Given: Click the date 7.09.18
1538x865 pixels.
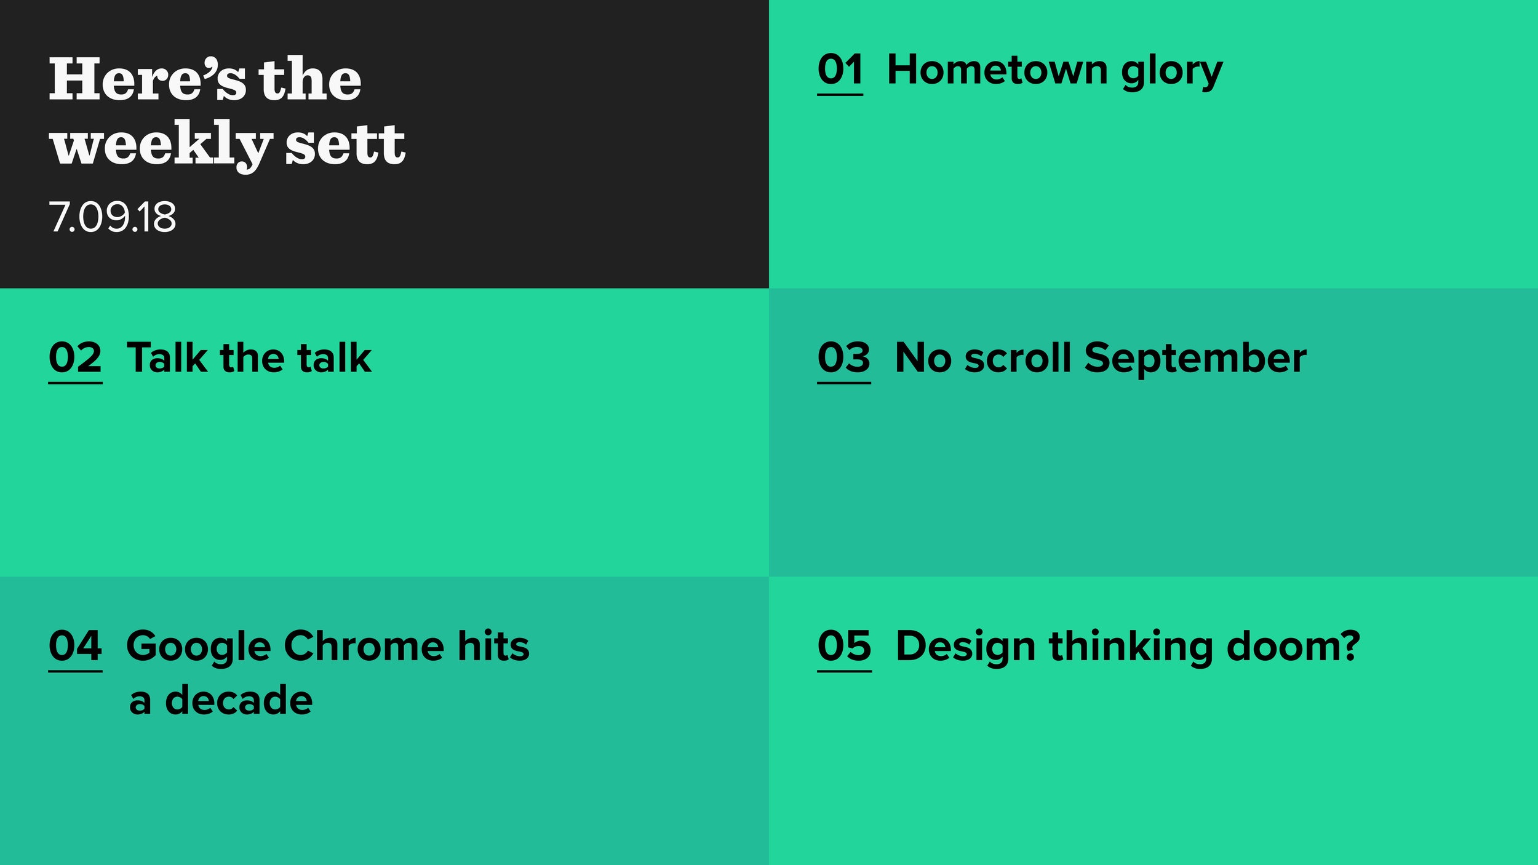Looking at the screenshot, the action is (x=113, y=217).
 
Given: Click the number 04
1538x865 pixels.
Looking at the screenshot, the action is (x=75, y=646).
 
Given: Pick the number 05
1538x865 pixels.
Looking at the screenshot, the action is (x=844, y=646).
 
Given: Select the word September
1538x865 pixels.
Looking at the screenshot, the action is (x=1195, y=360).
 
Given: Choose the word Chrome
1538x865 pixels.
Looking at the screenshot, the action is (x=364, y=646).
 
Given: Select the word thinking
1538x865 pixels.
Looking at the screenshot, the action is (x=1131, y=648).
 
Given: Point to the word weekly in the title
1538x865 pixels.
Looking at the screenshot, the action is (x=161, y=146).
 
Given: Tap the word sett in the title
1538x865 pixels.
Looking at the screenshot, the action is (x=345, y=145).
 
